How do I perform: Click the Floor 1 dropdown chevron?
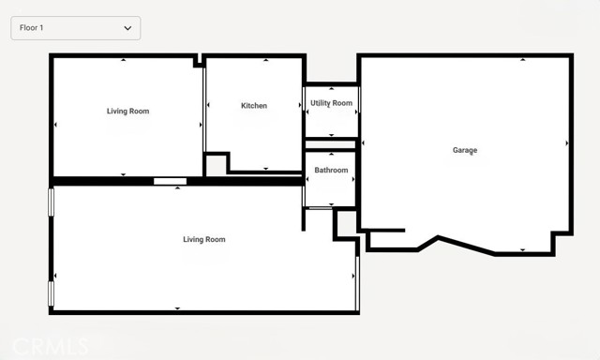pos(127,28)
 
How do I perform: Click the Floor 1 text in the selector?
pos(31,28)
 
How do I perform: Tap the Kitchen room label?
pos(254,106)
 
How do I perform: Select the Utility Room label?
pos(331,103)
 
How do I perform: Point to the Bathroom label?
pos(331,170)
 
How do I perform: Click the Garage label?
pos(465,150)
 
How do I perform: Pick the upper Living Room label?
pos(127,112)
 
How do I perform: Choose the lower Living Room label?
pos(204,239)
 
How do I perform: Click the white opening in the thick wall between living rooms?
pos(170,181)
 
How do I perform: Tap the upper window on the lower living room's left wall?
pos(51,202)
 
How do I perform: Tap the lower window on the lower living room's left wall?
pos(51,293)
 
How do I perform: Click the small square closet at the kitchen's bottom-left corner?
pos(217,165)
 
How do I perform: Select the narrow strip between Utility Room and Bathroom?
pos(330,144)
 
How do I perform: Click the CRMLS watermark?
pos(51,347)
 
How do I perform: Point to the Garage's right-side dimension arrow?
pos(567,143)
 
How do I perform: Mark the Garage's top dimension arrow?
pos(523,59)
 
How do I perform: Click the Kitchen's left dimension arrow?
pos(208,105)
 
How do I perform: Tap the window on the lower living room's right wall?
pos(357,283)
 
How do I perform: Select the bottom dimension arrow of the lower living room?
pos(177,308)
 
